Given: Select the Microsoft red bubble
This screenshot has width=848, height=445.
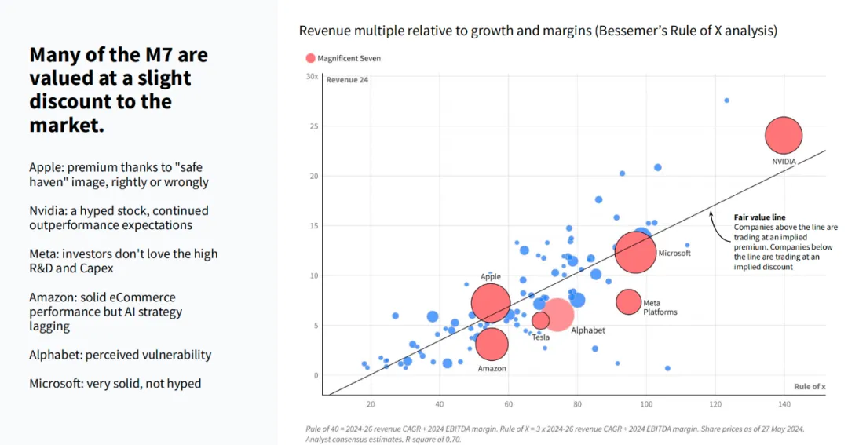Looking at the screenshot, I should click(x=635, y=251).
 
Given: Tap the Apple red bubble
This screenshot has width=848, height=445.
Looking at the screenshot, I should click(x=491, y=304).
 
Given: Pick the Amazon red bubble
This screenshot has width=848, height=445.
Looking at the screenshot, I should click(x=492, y=344).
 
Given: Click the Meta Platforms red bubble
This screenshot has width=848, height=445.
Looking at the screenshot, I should click(x=629, y=301).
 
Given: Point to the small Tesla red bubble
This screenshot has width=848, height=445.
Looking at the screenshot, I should click(x=541, y=320).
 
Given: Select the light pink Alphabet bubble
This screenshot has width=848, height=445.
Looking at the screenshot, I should click(x=559, y=313).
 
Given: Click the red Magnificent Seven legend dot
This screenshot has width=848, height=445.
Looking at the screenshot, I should click(x=310, y=58).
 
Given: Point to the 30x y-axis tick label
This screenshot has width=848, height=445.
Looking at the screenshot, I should click(x=312, y=77).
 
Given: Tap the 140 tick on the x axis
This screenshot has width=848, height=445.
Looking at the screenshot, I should click(x=784, y=403).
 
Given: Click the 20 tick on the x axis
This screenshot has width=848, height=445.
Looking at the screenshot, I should click(x=371, y=403).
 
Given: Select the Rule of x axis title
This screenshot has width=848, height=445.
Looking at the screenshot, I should click(x=809, y=386).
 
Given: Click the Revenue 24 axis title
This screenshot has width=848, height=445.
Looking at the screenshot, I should click(x=347, y=80).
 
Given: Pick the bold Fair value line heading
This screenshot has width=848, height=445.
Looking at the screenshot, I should click(x=759, y=217).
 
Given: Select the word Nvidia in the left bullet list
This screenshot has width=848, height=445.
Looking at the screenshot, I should click(x=49, y=210).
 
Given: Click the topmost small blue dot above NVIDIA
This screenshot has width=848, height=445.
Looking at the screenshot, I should click(x=726, y=100).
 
